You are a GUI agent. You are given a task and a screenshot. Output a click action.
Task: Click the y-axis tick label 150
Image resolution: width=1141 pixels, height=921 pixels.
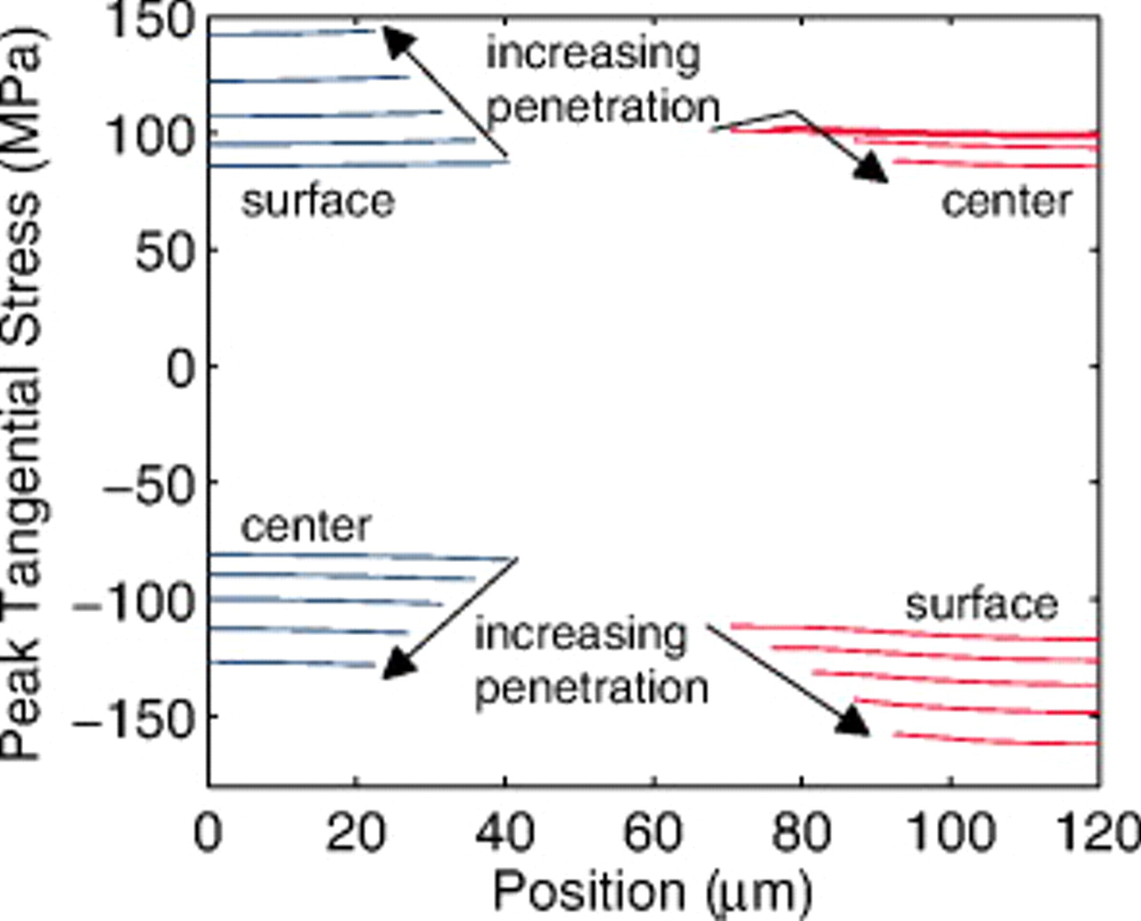pyautogui.click(x=150, y=21)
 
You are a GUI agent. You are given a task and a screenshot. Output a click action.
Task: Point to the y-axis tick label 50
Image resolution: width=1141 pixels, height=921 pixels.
pyautogui.click(x=164, y=252)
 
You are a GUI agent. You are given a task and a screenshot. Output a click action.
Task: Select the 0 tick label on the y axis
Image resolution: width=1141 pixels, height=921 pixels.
pyautogui.click(x=181, y=368)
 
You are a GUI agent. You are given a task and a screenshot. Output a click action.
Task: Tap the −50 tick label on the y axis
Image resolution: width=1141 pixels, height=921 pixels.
pyautogui.click(x=149, y=485)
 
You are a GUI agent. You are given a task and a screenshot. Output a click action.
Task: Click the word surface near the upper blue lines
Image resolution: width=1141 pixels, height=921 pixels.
pyautogui.click(x=318, y=202)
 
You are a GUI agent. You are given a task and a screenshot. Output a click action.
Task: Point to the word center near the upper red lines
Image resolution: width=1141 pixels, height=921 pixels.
pyautogui.click(x=1006, y=202)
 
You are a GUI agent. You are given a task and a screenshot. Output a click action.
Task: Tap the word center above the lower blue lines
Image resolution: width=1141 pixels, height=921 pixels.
pyautogui.click(x=306, y=526)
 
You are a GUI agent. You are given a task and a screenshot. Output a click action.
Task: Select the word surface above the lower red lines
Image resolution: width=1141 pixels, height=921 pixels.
pyautogui.click(x=981, y=605)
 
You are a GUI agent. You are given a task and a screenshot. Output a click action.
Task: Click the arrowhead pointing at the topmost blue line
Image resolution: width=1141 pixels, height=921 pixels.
pyautogui.click(x=398, y=42)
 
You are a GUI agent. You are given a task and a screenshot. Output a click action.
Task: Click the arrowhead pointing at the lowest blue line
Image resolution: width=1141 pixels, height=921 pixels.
pyautogui.click(x=398, y=664)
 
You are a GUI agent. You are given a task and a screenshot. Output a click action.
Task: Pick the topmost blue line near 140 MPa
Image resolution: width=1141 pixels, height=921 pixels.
pyautogui.click(x=294, y=33)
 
